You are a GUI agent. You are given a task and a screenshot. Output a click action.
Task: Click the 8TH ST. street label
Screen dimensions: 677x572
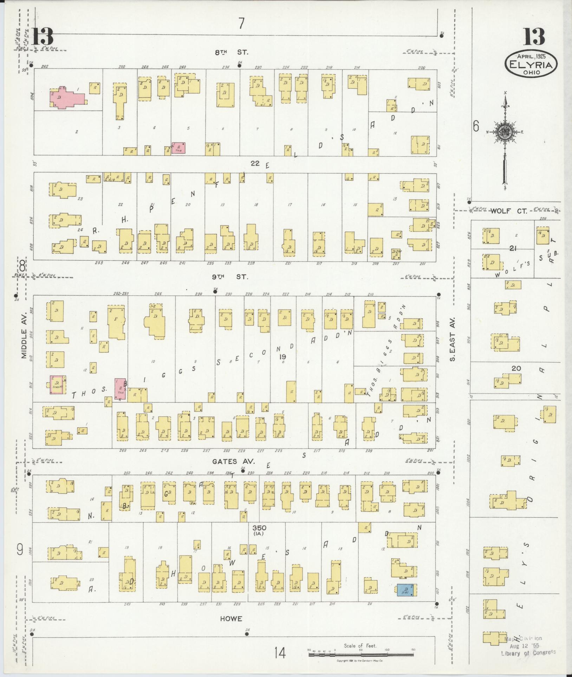click(x=232, y=52)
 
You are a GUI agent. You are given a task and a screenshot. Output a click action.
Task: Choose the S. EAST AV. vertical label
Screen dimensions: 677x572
click(x=453, y=339)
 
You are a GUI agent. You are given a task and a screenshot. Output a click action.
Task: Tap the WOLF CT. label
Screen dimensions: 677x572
click(x=509, y=211)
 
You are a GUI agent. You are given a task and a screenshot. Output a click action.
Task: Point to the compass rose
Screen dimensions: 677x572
click(x=505, y=132)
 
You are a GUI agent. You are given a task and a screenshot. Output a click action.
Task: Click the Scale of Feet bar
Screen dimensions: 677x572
click(x=360, y=655)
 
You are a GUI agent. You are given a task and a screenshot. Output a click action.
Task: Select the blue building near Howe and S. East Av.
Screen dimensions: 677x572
click(x=405, y=589)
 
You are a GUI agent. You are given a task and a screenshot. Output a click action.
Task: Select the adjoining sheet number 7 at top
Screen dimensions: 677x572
click(x=241, y=24)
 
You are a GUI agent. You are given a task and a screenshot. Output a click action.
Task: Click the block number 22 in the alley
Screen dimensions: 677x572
click(x=255, y=163)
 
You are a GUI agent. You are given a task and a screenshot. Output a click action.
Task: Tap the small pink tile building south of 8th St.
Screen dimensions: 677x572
click(x=178, y=148)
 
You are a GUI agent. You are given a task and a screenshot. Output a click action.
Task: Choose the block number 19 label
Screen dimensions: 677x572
click(x=282, y=357)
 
